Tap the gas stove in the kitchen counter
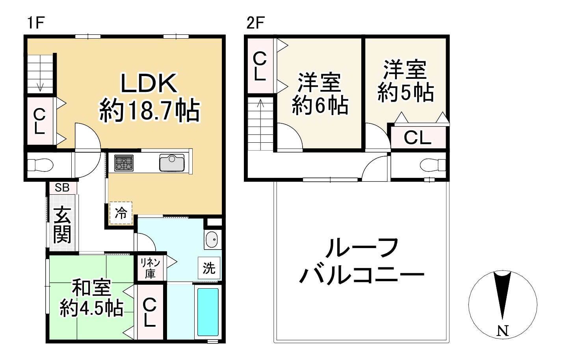click(x=124, y=163)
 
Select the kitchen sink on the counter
click(x=172, y=163)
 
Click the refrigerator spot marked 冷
click(x=121, y=213)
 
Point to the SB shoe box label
click(x=62, y=188)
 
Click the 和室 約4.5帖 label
click(x=91, y=298)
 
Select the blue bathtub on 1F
click(x=208, y=312)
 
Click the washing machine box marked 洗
click(x=209, y=268)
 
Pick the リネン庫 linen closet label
click(x=150, y=268)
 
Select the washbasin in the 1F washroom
click(x=212, y=239)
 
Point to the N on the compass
click(x=503, y=331)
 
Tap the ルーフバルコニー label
click(x=361, y=262)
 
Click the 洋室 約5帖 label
click(x=406, y=81)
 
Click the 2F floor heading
click(x=255, y=23)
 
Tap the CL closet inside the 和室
click(x=149, y=312)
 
